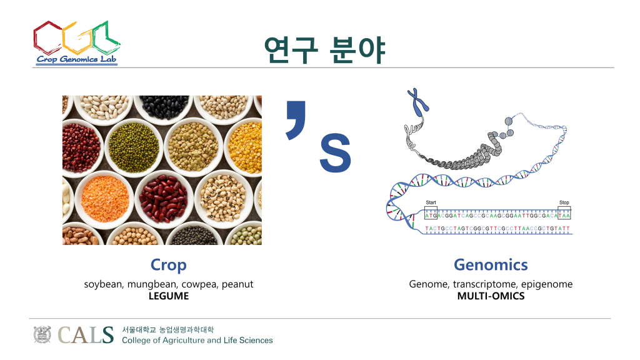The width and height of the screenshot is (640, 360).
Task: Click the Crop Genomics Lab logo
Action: (77, 43)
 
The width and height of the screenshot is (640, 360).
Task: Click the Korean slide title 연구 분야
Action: (324, 50)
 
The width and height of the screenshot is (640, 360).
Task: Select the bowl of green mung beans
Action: (134, 147)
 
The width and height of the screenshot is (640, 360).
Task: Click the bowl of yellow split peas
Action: (244, 147)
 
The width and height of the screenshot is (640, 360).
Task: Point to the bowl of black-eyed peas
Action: (223, 198)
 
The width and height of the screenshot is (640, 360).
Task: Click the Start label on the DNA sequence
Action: (431, 202)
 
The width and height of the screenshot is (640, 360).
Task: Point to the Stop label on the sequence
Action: (564, 202)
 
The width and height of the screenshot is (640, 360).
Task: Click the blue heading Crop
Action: (169, 265)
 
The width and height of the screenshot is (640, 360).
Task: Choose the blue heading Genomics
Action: (491, 265)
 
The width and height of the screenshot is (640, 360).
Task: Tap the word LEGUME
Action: (169, 296)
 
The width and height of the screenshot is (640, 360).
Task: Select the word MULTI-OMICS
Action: (491, 296)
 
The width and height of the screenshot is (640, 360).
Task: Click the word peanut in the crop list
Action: (237, 284)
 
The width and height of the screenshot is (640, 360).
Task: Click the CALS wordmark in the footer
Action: (85, 335)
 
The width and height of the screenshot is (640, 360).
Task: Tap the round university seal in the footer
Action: (42, 335)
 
